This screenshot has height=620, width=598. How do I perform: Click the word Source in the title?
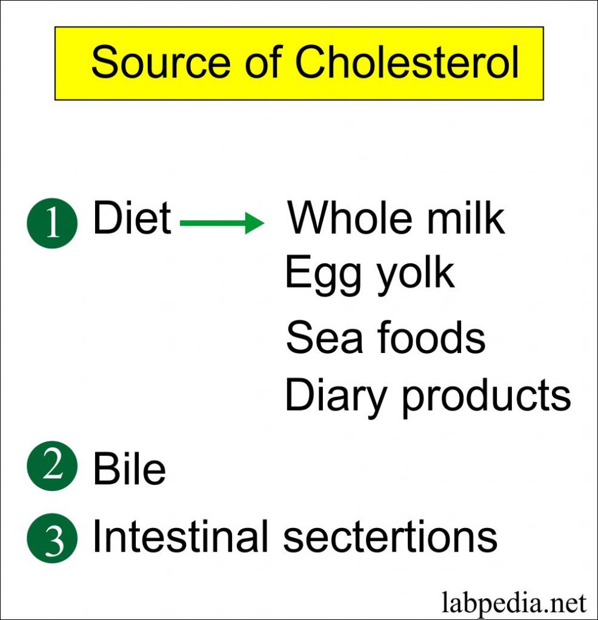coord(161,62)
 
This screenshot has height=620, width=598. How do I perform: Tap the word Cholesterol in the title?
coord(407,62)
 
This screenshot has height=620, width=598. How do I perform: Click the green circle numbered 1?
coord(52,223)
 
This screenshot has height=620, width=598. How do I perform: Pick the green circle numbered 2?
coord(52,466)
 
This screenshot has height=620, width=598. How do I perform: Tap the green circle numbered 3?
coord(52,538)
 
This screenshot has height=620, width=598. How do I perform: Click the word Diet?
coord(132,217)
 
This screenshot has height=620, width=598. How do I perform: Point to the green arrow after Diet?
coord(222,223)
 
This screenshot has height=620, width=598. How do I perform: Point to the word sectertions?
coord(390,536)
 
